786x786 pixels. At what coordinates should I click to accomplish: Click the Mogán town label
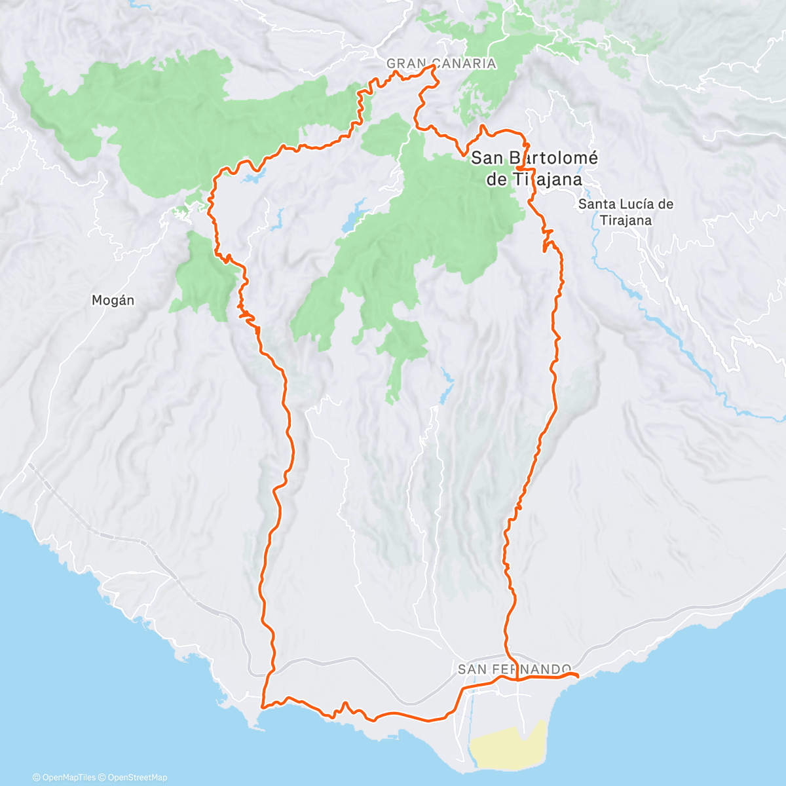(x=113, y=301)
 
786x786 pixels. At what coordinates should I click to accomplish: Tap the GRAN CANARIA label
(x=441, y=64)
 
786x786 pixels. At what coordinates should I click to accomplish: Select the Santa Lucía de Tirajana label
(x=626, y=212)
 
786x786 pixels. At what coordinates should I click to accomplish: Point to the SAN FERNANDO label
(x=514, y=669)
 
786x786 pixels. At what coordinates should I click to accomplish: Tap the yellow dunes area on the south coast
(x=508, y=747)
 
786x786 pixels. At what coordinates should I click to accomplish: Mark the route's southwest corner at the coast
(x=262, y=706)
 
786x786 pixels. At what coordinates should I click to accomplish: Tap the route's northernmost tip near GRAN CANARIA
(x=433, y=66)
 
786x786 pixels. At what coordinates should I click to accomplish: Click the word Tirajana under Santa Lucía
(x=626, y=220)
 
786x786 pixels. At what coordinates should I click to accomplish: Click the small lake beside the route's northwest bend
(x=252, y=178)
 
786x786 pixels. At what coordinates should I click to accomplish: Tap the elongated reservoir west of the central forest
(x=354, y=219)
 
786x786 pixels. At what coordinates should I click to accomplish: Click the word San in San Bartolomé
(x=487, y=158)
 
